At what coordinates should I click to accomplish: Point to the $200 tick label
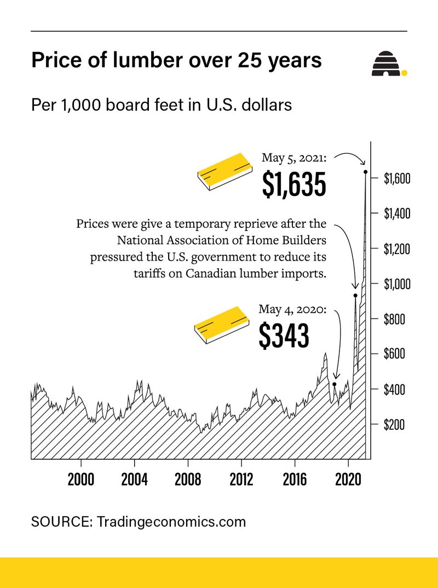pyautogui.click(x=394, y=425)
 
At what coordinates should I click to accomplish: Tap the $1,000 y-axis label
pyautogui.click(x=397, y=284)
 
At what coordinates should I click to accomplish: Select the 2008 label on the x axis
pyautogui.click(x=188, y=480)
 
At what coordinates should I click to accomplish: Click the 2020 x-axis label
pyautogui.click(x=348, y=480)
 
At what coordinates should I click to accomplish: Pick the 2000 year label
pyautogui.click(x=81, y=480)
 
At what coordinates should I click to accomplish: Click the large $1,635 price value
pyautogui.click(x=294, y=185)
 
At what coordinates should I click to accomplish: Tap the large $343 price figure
pyautogui.click(x=284, y=336)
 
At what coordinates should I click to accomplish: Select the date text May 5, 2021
pyautogui.click(x=294, y=158)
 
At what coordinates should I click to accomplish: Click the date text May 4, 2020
pyautogui.click(x=292, y=310)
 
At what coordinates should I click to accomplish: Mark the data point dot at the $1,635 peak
pyautogui.click(x=365, y=172)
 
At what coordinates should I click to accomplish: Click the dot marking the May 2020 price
pyautogui.click(x=335, y=384)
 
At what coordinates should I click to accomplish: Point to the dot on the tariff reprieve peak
pyautogui.click(x=355, y=296)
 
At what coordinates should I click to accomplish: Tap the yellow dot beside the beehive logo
pyautogui.click(x=404, y=72)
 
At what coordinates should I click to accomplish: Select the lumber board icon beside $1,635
pyautogui.click(x=224, y=171)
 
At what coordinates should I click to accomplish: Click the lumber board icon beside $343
pyautogui.click(x=221, y=325)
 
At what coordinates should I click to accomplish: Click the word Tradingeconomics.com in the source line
pyautogui.click(x=171, y=522)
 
